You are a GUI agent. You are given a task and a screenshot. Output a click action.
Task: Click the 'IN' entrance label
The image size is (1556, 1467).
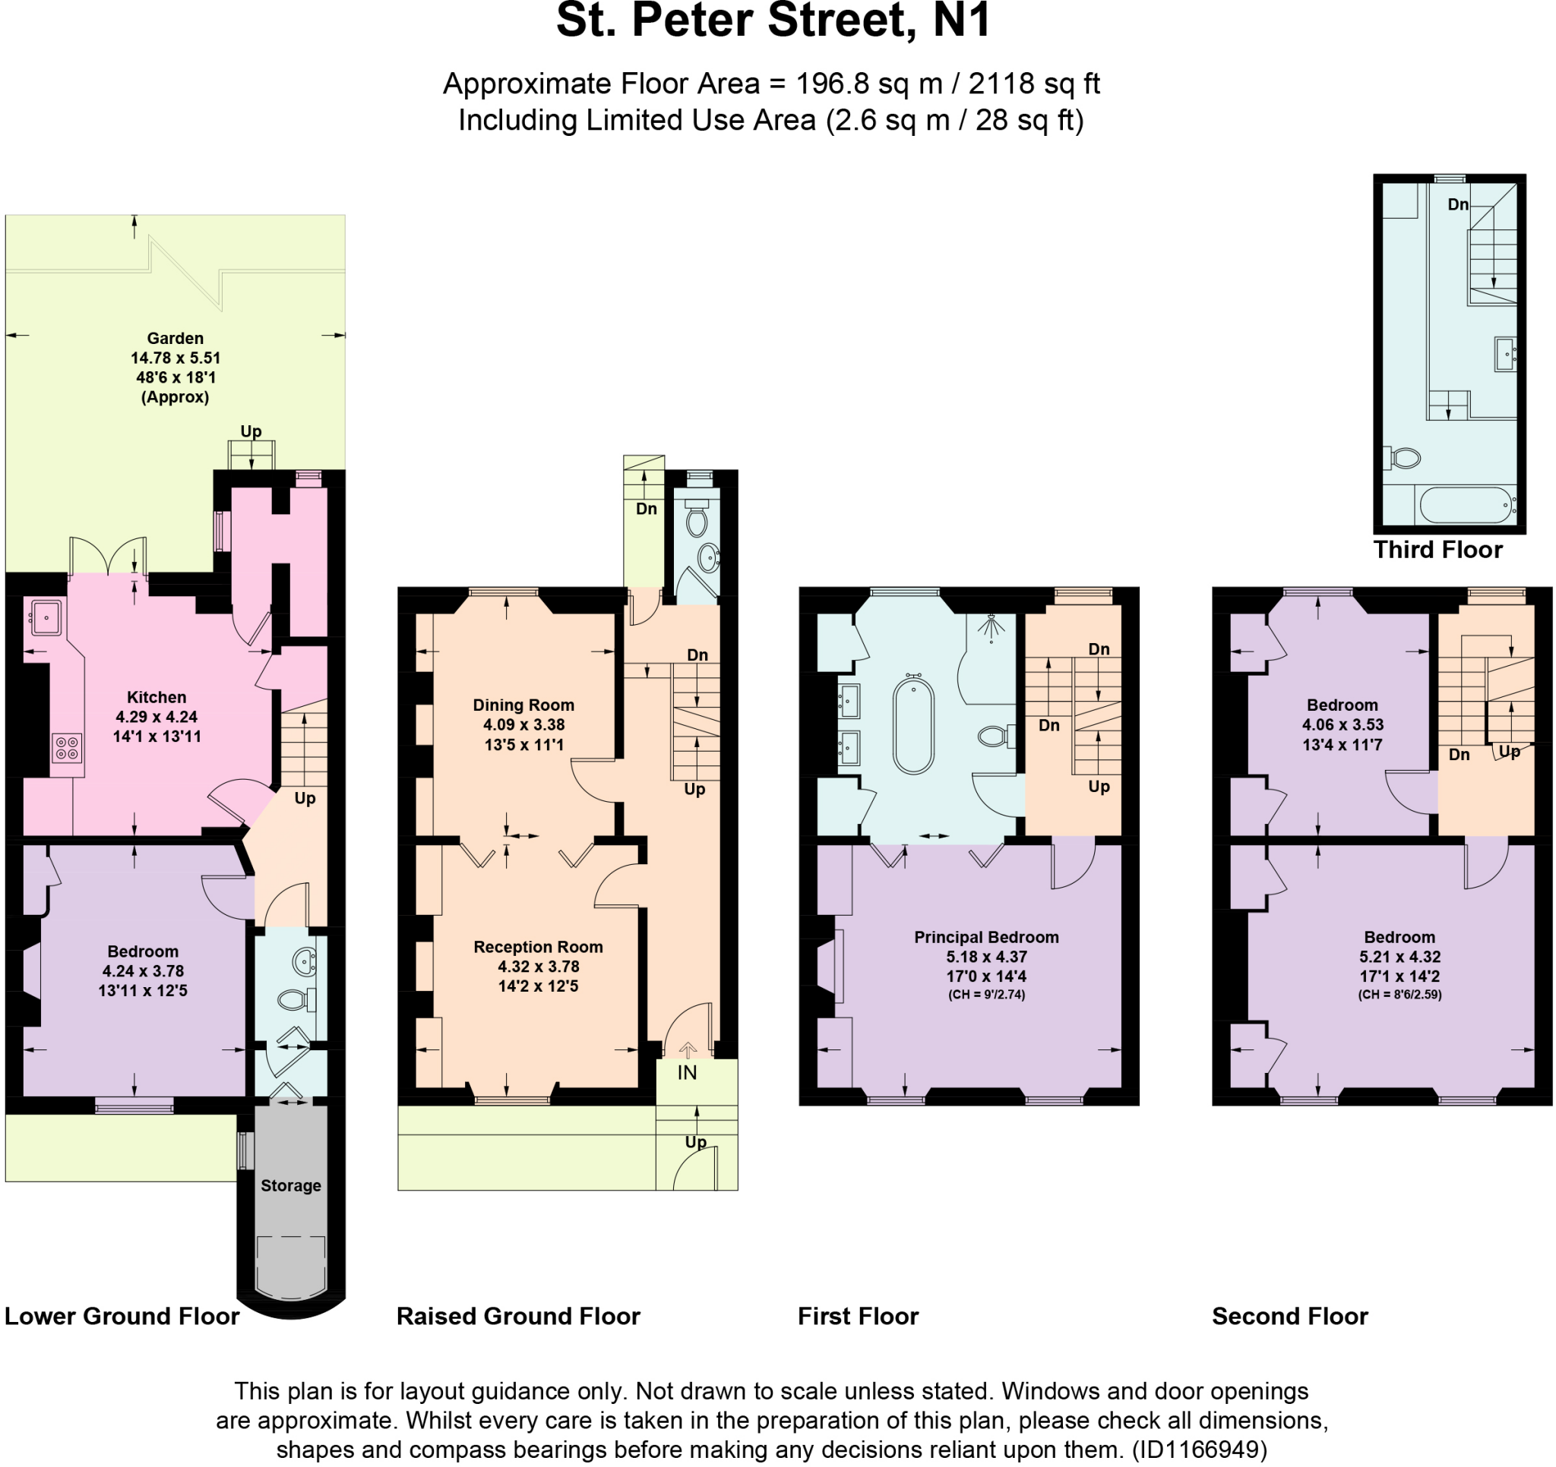pyautogui.click(x=686, y=1073)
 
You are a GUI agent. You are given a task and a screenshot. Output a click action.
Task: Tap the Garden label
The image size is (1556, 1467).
pyautogui.click(x=175, y=338)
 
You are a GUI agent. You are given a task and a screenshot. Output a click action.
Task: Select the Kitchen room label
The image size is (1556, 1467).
pyautogui.click(x=157, y=697)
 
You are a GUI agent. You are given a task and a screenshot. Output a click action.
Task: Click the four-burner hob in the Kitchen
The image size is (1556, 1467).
pyautogui.click(x=67, y=748)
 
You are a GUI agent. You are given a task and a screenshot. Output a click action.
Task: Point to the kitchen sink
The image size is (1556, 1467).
pyautogui.click(x=46, y=617)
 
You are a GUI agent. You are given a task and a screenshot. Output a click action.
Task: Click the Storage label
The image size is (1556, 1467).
pyautogui.click(x=290, y=1185)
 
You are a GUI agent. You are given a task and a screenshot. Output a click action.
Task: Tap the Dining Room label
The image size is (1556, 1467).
pyautogui.click(x=523, y=705)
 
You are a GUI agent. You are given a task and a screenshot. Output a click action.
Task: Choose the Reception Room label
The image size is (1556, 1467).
pyautogui.click(x=538, y=947)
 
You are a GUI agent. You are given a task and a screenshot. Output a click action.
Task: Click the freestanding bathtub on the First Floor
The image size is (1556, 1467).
pyautogui.click(x=912, y=724)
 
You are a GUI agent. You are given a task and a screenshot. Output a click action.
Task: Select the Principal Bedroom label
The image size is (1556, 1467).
pyautogui.click(x=986, y=937)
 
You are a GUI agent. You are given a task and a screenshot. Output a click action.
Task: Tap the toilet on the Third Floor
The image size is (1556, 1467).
pyautogui.click(x=1404, y=458)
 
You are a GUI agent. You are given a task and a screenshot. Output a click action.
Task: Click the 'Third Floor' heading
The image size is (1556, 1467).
pyautogui.click(x=1437, y=550)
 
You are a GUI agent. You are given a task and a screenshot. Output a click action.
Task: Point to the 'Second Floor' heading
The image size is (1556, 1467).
pyautogui.click(x=1289, y=1317)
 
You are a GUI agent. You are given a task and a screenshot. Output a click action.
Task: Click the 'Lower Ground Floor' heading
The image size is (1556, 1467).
pyautogui.click(x=122, y=1317)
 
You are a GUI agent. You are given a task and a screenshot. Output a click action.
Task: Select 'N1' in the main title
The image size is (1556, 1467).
pyautogui.click(x=962, y=21)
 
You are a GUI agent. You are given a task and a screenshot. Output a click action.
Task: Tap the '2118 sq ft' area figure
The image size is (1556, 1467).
pyautogui.click(x=1033, y=84)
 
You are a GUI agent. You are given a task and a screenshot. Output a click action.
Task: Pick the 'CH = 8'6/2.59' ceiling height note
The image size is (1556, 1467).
pyautogui.click(x=1399, y=995)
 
